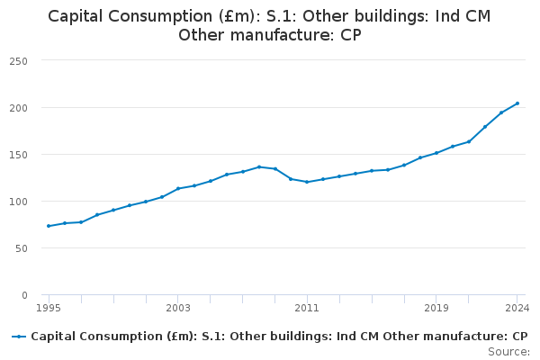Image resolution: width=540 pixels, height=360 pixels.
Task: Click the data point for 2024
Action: pyautogui.click(x=517, y=103)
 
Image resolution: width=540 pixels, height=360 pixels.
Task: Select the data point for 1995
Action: pyautogui.click(x=49, y=226)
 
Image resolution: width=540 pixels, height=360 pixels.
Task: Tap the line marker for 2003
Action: pyautogui.click(x=178, y=188)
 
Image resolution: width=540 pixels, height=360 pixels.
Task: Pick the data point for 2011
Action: pyautogui.click(x=307, y=182)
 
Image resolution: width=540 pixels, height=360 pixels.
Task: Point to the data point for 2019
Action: pyautogui.click(x=436, y=153)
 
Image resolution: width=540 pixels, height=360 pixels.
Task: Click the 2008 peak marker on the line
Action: pyautogui.click(x=259, y=166)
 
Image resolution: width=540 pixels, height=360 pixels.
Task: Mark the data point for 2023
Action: pyautogui.click(x=501, y=112)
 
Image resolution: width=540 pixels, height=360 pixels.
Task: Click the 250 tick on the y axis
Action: pyautogui.click(x=18, y=61)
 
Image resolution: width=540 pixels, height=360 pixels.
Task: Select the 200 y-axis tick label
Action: pyautogui.click(x=18, y=108)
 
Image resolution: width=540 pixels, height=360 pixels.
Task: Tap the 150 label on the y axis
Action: pyautogui.click(x=18, y=155)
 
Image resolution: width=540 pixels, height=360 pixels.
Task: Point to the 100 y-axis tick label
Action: pyautogui.click(x=18, y=202)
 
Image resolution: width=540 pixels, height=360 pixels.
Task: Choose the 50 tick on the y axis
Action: pyautogui.click(x=21, y=248)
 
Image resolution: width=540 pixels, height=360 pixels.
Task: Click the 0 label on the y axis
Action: pyautogui.click(x=24, y=295)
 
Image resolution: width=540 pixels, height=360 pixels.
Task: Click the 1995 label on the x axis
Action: pyautogui.click(x=49, y=308)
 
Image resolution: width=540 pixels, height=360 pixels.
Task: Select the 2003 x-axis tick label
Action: pyautogui.click(x=178, y=308)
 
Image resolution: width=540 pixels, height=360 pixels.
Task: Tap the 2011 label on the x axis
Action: pyautogui.click(x=307, y=308)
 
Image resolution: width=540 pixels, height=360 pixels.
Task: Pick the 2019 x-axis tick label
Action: pyautogui.click(x=436, y=308)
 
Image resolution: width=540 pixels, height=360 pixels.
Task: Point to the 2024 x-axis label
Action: pyautogui.click(x=517, y=308)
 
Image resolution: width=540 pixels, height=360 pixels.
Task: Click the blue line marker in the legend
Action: pyautogui.click(x=19, y=337)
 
